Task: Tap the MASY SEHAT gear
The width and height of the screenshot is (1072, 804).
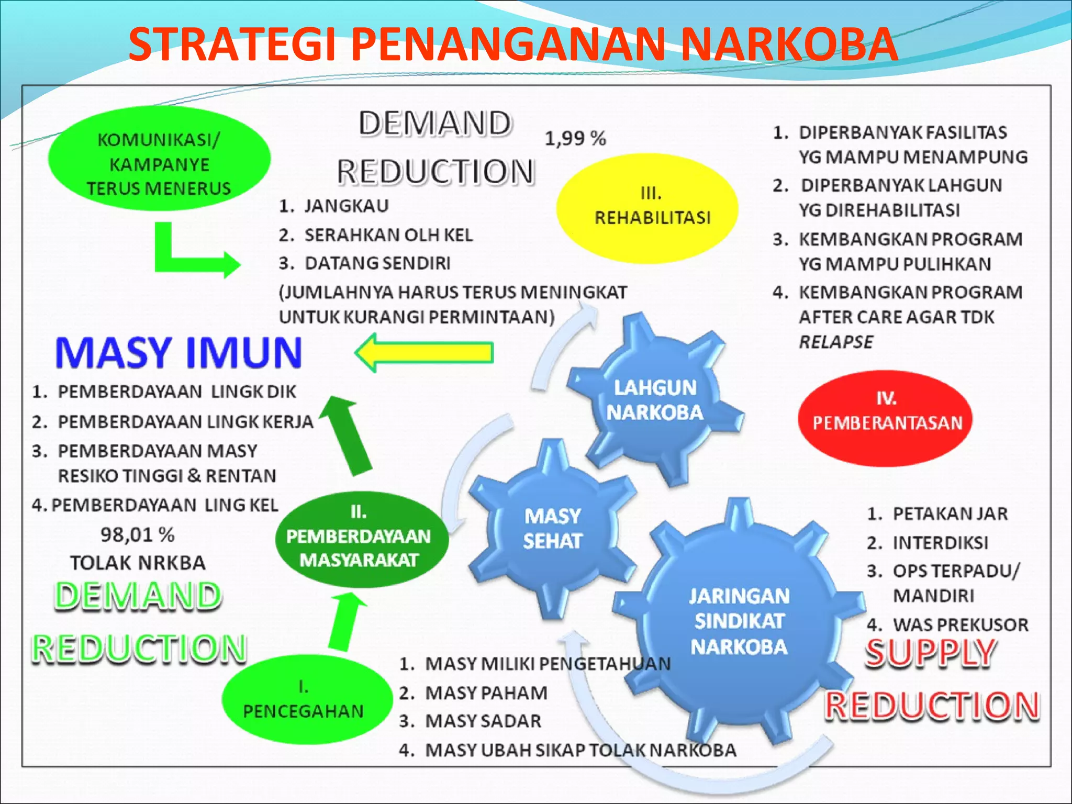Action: click(553, 529)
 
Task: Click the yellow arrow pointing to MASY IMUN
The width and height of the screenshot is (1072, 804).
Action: click(425, 353)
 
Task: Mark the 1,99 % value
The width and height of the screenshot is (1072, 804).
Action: click(575, 139)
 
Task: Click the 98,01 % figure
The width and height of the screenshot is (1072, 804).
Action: click(137, 535)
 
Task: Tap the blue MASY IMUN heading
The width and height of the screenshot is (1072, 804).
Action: click(178, 353)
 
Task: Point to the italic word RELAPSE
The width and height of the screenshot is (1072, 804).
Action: click(835, 342)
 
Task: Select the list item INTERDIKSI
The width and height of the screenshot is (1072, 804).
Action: click(940, 543)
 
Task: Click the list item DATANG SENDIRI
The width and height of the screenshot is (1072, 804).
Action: click(377, 263)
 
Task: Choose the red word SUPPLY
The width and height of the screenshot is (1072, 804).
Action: click(930, 653)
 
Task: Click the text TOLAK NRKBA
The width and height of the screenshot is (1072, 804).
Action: click(138, 563)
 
